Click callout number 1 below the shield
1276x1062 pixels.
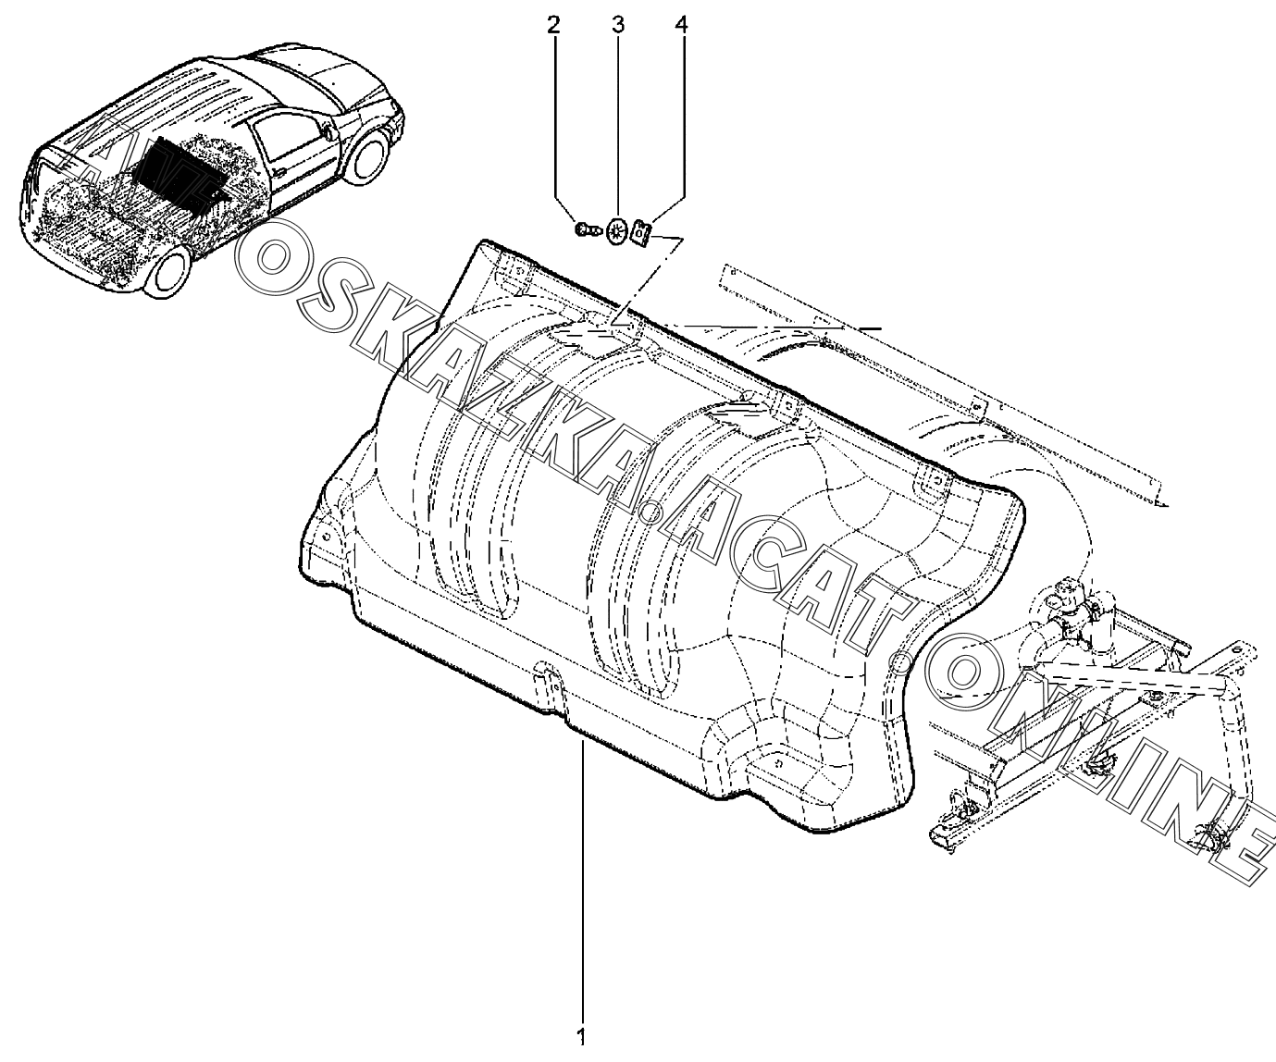(581, 1037)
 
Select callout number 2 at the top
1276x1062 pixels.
(553, 25)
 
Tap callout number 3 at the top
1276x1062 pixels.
(617, 25)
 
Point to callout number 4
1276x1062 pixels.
(681, 25)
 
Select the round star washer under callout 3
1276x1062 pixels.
(617, 229)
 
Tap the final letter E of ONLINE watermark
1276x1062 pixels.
(1239, 837)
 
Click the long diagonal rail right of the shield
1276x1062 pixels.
(944, 379)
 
